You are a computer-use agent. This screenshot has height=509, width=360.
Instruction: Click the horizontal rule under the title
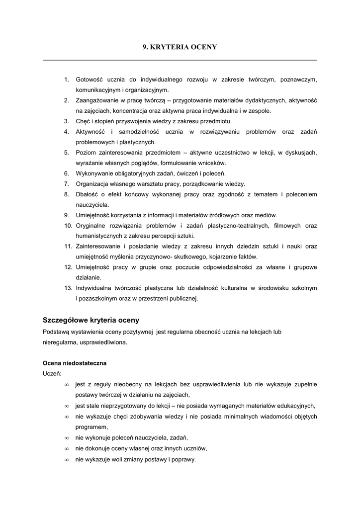pos(180,60)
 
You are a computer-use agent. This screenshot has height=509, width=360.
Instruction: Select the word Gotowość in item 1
pos(89,79)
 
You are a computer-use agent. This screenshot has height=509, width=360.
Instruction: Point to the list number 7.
pos(66,183)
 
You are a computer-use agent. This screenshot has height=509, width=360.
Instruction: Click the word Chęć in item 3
pos(83,121)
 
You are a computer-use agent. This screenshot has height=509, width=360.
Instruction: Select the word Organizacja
pos(92,183)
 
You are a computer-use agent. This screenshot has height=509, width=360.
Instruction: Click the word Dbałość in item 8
pos(87,194)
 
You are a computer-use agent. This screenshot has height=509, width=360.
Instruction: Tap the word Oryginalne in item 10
pos(90,225)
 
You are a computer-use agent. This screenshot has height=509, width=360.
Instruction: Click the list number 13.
pos(69,288)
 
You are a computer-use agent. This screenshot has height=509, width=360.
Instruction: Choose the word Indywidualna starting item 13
pos(93,288)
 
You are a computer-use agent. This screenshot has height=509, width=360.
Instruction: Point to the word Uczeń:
pos(52,373)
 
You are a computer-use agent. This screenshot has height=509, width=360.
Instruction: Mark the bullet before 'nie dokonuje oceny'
pos(67,448)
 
